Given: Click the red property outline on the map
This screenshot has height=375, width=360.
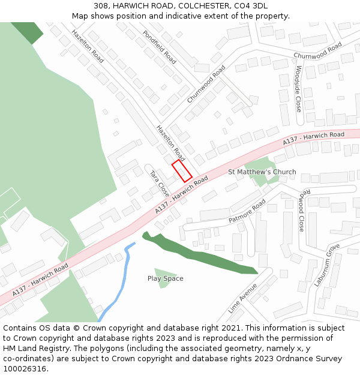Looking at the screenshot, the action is [182, 171].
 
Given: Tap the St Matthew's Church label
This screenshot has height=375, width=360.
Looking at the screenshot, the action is [262, 172].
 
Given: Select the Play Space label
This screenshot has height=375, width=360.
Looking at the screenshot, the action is [166, 278].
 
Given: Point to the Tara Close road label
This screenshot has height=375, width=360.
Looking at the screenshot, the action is [159, 183].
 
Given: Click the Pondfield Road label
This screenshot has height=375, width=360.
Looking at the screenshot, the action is [160, 47].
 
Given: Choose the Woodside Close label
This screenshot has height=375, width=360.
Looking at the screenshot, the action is [298, 89].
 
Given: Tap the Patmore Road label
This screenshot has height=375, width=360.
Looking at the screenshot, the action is [247, 211].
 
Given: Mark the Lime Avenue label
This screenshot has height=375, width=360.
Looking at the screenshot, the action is [242, 298].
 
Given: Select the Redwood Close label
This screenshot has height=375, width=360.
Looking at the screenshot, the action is [302, 209].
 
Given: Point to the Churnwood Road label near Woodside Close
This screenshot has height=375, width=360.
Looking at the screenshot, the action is [317, 50].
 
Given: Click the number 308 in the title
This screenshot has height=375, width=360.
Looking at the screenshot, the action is [100, 6].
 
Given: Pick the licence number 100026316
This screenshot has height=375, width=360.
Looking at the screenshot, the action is [25, 369].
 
